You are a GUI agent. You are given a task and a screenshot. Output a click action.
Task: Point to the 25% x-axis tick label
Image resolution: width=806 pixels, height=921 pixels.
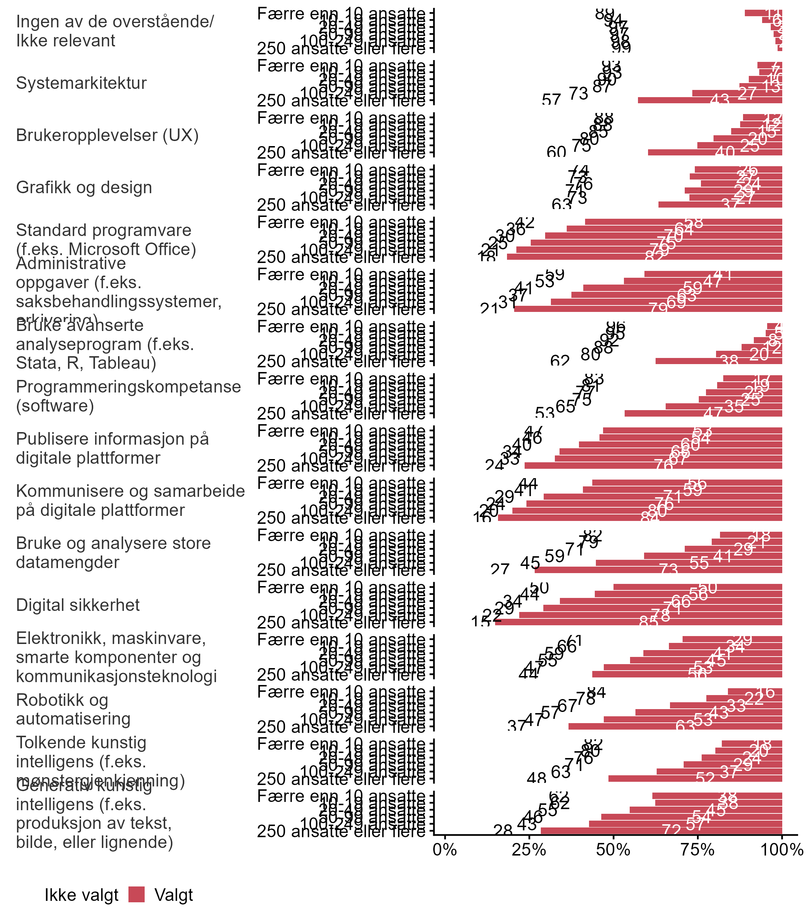click(x=529, y=849)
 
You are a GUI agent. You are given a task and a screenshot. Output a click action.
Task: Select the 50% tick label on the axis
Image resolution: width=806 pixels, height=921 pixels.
click(x=613, y=849)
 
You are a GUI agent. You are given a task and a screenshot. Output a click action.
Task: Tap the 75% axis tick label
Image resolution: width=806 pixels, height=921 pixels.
click(x=698, y=849)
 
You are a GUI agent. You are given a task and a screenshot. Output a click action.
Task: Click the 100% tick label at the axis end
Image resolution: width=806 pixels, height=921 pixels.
click(x=781, y=849)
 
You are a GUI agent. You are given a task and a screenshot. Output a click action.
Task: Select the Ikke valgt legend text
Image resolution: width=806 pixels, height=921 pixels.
click(x=81, y=895)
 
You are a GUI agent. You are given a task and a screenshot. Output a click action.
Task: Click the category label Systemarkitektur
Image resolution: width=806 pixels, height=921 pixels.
click(x=81, y=83)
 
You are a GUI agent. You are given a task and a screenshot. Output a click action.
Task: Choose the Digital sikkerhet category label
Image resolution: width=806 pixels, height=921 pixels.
click(x=78, y=605)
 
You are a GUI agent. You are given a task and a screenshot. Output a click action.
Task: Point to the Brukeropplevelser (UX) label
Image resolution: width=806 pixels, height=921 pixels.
click(x=107, y=135)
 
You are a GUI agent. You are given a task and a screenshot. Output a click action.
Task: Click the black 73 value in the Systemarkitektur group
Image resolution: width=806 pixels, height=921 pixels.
click(x=579, y=94)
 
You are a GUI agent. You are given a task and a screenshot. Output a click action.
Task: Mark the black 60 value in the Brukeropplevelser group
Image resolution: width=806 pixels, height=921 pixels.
click(x=556, y=152)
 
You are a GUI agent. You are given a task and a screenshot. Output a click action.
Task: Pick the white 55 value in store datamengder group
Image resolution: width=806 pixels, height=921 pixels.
click(x=699, y=563)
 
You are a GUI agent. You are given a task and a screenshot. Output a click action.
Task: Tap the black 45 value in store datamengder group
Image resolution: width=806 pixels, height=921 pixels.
click(x=530, y=563)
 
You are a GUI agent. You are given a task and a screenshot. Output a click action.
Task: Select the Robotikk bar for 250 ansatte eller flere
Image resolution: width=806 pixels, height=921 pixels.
click(x=675, y=726)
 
